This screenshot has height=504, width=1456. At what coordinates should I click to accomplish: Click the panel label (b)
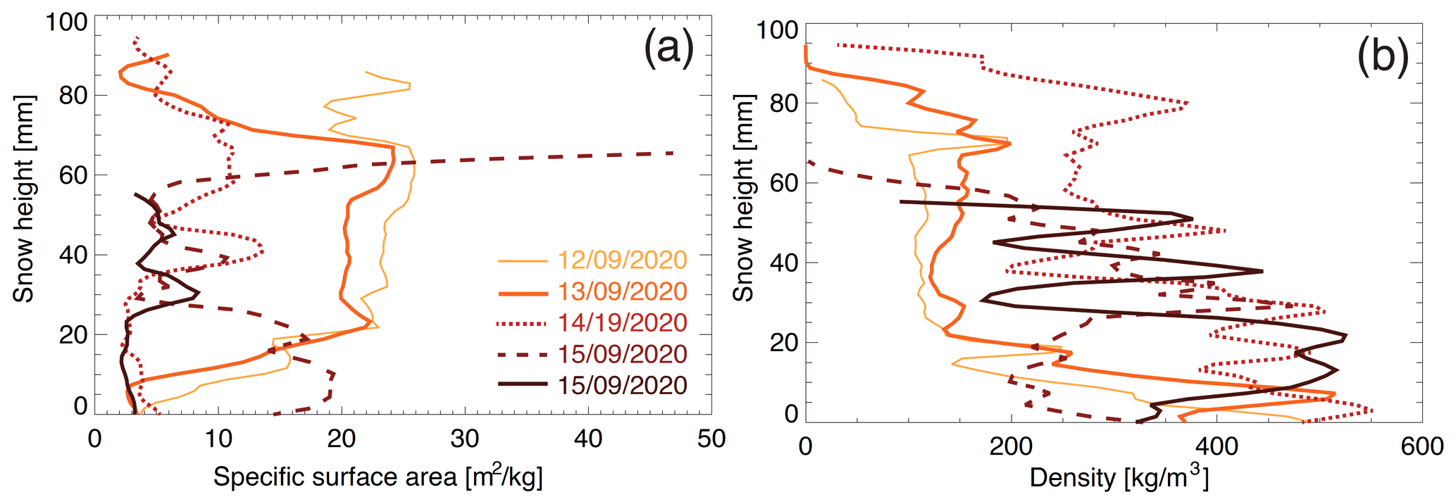click(1382, 56)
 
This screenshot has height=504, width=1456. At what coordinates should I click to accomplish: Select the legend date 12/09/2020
click(622, 260)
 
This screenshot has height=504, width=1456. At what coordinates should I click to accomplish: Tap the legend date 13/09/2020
click(622, 291)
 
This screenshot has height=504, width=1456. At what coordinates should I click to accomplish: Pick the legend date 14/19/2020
click(622, 323)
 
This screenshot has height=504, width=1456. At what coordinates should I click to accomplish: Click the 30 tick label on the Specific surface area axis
click(465, 439)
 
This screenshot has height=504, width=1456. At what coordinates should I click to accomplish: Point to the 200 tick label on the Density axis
click(1011, 446)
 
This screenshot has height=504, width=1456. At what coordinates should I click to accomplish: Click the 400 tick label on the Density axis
click(1217, 446)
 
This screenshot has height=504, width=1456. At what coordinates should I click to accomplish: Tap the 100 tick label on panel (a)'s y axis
click(66, 22)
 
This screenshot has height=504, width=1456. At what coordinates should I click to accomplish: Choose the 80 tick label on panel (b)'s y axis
click(784, 103)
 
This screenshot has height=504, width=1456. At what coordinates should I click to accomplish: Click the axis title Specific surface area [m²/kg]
click(378, 477)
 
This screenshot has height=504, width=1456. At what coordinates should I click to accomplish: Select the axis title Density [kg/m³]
click(1119, 478)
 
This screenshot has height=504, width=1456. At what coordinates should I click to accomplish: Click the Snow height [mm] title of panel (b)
click(743, 198)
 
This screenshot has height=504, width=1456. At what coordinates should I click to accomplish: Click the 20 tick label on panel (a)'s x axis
click(342, 439)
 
